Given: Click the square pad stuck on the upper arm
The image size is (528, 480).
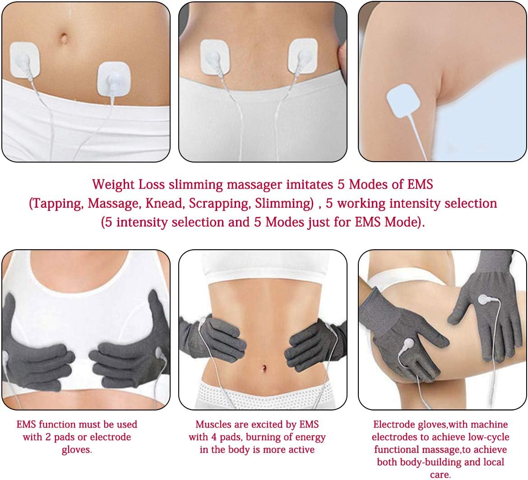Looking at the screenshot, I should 404,103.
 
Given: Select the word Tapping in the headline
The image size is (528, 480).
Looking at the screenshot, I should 57,203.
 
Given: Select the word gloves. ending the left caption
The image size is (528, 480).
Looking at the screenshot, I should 77,450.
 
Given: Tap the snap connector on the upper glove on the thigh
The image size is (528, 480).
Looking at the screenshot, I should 483,299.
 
